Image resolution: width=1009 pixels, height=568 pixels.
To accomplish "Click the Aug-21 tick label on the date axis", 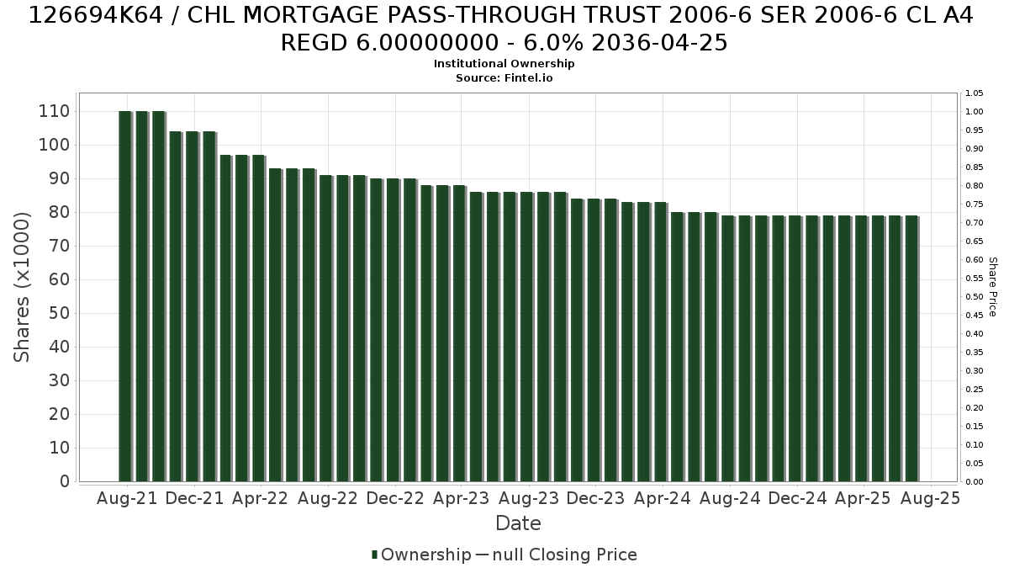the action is (127, 498).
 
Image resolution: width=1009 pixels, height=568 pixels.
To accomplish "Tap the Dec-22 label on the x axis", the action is (395, 498).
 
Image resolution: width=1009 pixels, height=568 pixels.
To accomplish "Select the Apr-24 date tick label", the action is (663, 498).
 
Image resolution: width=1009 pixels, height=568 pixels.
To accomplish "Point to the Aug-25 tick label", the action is (930, 498).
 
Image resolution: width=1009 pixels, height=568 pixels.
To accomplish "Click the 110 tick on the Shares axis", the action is (54, 111).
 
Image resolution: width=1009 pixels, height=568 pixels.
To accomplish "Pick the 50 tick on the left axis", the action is (60, 313).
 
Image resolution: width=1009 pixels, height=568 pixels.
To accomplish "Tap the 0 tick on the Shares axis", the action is (65, 481).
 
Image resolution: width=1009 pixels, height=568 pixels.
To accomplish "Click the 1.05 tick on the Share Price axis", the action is (974, 93).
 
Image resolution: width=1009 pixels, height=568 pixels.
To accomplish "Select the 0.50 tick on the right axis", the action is (974, 296).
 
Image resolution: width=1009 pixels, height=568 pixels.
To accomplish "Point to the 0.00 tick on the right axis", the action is (974, 482).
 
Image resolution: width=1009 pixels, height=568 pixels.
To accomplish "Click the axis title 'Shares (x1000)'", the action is (21, 287).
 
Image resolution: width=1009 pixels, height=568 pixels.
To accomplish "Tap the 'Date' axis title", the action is (518, 523).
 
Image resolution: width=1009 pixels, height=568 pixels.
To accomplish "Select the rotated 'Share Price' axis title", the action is (992, 287).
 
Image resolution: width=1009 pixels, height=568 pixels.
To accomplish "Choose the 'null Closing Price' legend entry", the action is (565, 555).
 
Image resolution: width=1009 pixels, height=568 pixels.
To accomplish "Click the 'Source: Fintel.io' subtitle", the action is (504, 78).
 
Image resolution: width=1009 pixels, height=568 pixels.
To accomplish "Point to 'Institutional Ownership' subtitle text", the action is (504, 64).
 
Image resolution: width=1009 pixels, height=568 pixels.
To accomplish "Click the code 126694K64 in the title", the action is (96, 15).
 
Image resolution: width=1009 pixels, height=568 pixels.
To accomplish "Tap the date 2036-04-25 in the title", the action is (659, 43).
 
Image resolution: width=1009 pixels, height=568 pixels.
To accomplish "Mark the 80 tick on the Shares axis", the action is (60, 212).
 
